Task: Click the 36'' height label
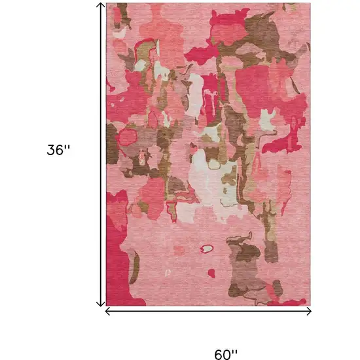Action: tap(58, 149)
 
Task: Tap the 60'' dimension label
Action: tap(226, 337)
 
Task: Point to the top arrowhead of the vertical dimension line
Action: tap(100, 5)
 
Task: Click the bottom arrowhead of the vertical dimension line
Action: tap(100, 304)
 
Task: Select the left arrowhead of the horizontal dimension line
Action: tap(109, 312)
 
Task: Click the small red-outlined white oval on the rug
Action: tap(207, 249)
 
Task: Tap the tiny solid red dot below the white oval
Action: tap(211, 271)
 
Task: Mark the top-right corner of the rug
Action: tap(309, 3)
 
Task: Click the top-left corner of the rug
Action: tap(107, 3)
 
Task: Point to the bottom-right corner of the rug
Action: tap(309, 306)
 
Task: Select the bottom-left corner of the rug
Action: tap(107, 306)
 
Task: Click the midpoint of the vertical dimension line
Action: tap(100, 154)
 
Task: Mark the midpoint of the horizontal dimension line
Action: tap(208, 312)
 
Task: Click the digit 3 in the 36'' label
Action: tap(51, 149)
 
